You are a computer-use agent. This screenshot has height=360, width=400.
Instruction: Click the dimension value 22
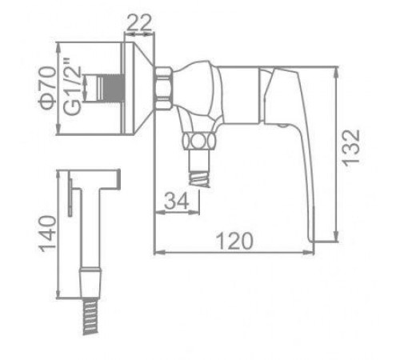(139, 23)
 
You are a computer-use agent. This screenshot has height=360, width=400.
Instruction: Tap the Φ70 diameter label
(48, 88)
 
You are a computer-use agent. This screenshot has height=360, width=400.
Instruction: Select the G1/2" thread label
(72, 86)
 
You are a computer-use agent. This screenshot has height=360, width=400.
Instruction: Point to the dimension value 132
(351, 148)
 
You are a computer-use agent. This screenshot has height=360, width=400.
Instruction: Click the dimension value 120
(234, 241)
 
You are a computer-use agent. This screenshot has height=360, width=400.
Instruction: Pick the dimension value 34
(177, 200)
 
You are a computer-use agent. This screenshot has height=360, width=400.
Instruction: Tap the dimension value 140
(48, 234)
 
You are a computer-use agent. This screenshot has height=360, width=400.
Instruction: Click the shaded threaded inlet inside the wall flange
(113, 88)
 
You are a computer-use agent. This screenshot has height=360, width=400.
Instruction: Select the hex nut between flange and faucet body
(163, 88)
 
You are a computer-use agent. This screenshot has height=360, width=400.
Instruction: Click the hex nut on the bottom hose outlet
(198, 141)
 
